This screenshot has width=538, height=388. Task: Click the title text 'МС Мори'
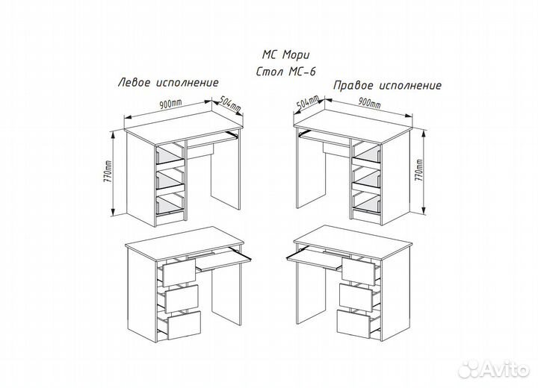click(x=285, y=54)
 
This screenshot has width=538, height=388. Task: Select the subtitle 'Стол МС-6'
click(x=285, y=72)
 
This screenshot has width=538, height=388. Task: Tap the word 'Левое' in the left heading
click(x=134, y=83)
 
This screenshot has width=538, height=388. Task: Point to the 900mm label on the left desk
click(x=170, y=104)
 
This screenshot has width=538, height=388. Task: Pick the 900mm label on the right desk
click(x=369, y=102)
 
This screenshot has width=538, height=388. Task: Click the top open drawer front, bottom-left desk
click(x=179, y=272)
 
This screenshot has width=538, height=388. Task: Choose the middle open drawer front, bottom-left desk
click(x=182, y=298)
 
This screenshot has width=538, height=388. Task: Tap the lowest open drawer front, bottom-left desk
click(x=184, y=325)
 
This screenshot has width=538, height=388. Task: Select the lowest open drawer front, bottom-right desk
click(x=353, y=324)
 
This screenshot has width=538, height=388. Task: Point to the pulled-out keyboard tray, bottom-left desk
click(x=223, y=260)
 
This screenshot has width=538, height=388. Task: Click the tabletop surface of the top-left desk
click(x=184, y=127)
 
